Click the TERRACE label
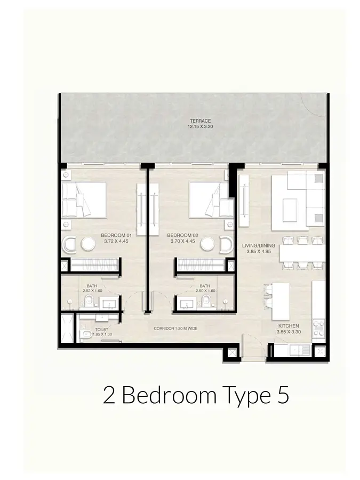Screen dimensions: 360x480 point(200,121)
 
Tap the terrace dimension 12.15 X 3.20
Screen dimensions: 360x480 point(200,126)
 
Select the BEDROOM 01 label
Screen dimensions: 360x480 point(116,235)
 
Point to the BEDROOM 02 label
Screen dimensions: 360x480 point(183,235)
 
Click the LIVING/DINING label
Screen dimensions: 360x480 point(259,245)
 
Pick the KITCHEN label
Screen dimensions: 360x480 point(289,326)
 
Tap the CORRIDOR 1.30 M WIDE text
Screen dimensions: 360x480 point(175,329)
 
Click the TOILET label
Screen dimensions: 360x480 point(101,330)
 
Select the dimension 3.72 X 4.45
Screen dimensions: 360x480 point(116,241)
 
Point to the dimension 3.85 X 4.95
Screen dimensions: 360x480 point(259,252)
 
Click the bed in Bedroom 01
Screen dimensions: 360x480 point(84,200)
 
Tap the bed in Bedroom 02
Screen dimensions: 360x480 point(211,200)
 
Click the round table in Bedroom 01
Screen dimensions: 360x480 point(89,244)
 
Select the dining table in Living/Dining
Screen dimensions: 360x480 point(302,253)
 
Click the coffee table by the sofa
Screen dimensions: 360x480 point(290,210)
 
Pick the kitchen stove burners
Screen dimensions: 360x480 point(318,328)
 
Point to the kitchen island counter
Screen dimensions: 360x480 point(281,301)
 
